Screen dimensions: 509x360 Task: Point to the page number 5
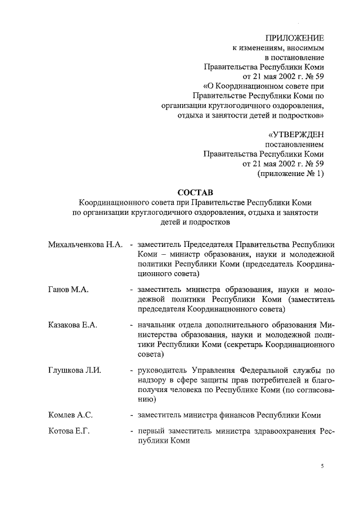click(x=322, y=466)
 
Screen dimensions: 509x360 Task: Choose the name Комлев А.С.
click(x=70, y=415)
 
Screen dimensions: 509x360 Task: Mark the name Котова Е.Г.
click(x=69, y=431)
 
